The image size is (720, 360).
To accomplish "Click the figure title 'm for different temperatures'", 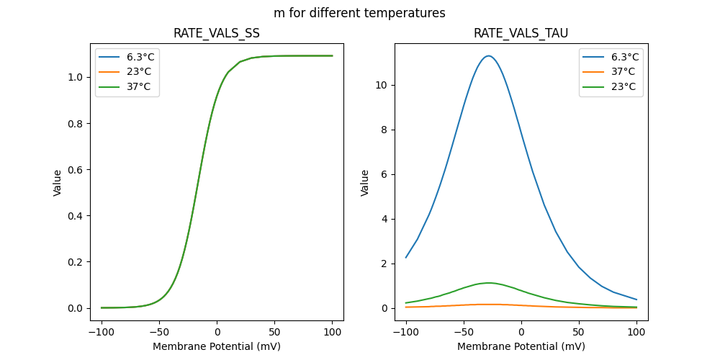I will click(x=359, y=13).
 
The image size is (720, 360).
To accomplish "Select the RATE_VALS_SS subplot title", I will click(x=217, y=34).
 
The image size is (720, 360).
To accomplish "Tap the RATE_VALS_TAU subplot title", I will click(x=521, y=34).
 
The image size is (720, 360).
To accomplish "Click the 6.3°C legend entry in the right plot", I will click(x=624, y=57).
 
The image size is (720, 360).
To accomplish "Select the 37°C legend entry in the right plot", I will click(x=624, y=72).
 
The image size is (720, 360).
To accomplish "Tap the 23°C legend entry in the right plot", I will click(x=624, y=86).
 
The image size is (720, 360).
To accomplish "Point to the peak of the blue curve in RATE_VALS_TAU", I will click(x=488, y=55).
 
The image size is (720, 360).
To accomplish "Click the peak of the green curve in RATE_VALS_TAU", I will click(x=488, y=283).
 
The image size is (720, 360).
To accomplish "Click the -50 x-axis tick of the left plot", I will click(x=159, y=333).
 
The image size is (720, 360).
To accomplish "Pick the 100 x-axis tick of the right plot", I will click(x=636, y=333).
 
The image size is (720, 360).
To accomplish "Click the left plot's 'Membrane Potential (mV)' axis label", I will click(x=217, y=346).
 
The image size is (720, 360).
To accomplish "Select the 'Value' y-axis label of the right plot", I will click(x=365, y=183).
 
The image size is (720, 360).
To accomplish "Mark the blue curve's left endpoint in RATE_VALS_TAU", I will click(x=406, y=257).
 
